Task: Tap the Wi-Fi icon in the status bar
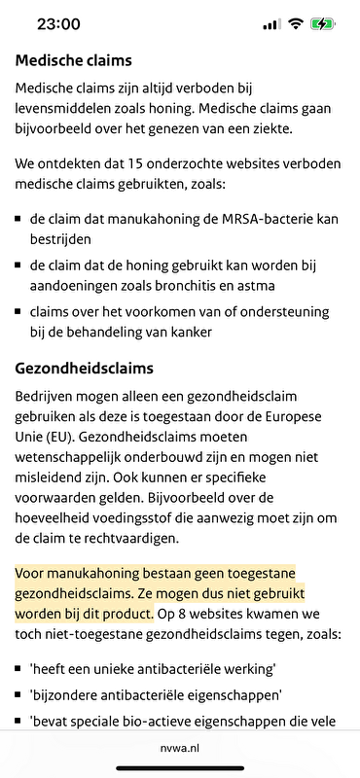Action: (x=295, y=24)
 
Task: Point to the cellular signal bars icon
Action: (x=271, y=24)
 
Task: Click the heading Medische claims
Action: (x=74, y=59)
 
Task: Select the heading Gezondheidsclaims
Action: (x=85, y=370)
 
